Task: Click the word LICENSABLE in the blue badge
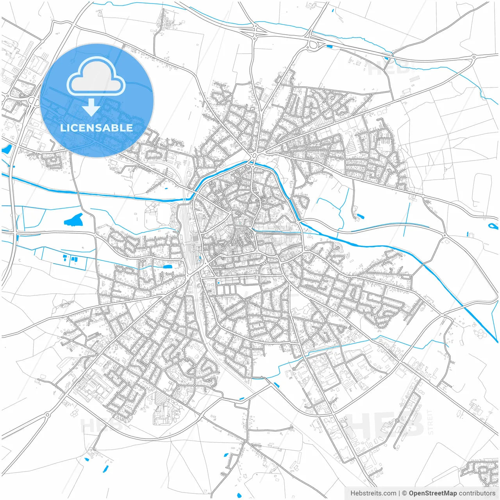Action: [x=96, y=128]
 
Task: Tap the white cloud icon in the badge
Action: [x=96, y=77]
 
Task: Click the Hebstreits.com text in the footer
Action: [x=373, y=493]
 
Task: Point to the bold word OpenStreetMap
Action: [x=433, y=493]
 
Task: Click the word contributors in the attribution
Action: [x=477, y=493]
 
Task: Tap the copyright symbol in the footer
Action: [x=405, y=493]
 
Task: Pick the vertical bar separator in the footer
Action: [x=399, y=493]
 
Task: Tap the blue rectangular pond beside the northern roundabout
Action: [x=329, y=47]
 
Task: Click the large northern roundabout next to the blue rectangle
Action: [x=313, y=45]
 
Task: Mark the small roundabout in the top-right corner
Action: [x=474, y=57]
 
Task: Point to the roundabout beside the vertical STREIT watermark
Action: [x=397, y=420]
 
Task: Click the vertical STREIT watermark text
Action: [x=430, y=422]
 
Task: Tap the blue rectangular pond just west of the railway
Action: [x=168, y=266]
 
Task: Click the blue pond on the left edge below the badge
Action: [x=7, y=149]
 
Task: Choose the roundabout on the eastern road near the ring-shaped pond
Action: [x=445, y=235]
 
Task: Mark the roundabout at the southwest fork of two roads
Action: [x=47, y=414]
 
